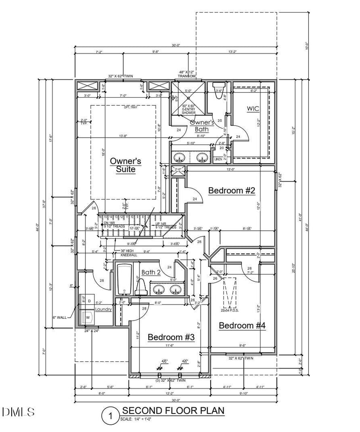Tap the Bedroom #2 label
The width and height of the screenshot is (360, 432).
coord(232,191)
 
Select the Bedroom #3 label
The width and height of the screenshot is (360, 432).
coord(171,337)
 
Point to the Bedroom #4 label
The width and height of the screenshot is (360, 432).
coord(242,325)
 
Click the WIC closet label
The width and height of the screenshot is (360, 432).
coord(253,109)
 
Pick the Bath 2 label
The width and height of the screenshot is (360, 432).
coord(151,272)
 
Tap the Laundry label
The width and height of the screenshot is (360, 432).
coord(103,309)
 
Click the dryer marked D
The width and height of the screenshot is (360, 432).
coord(88,300)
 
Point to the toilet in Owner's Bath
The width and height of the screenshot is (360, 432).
coord(219,88)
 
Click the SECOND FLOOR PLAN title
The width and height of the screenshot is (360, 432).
coord(173,410)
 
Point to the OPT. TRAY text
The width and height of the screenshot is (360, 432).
coord(124,107)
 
